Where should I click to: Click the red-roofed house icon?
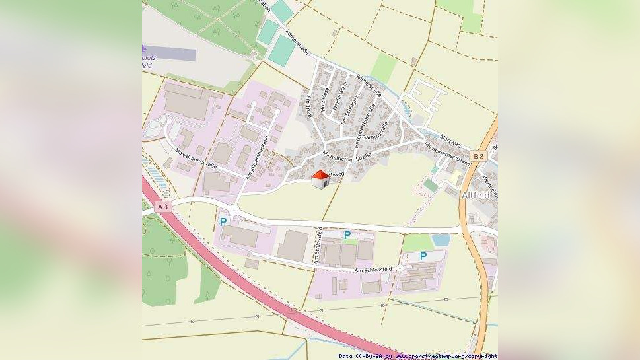click(x=320, y=179)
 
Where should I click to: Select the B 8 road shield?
click(x=478, y=156)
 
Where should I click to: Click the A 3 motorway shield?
click(x=162, y=207)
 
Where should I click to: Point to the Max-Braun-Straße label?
click(x=196, y=159)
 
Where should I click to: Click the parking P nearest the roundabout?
click(x=223, y=222)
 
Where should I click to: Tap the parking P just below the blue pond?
click(x=423, y=256)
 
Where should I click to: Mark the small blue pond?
click(x=441, y=240)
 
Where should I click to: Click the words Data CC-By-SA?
click(x=361, y=356)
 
